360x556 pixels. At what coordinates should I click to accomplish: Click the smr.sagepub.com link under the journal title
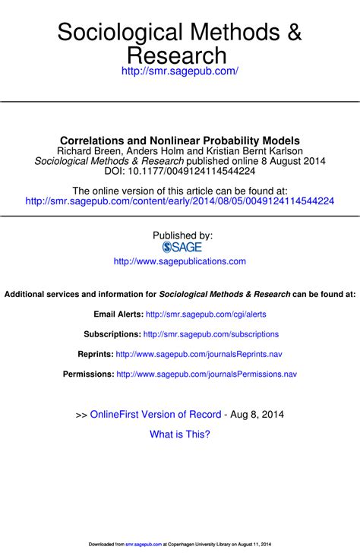coord(180,71)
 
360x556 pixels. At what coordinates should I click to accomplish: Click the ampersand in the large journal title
coord(294,33)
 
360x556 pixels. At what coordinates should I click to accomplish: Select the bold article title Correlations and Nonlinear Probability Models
coord(180,141)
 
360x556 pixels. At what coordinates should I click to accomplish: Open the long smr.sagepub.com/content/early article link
coord(180,201)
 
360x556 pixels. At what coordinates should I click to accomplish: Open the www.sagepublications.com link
coord(180,261)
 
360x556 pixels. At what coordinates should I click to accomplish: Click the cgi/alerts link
coord(206,314)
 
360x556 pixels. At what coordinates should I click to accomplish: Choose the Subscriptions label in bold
coord(112,334)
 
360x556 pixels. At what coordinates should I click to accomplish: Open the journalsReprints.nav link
coord(199,354)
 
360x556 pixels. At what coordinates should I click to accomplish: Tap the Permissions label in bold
coord(89,374)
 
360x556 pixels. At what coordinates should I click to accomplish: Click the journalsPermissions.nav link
coord(207,374)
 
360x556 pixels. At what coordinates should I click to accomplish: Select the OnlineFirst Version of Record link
coord(156,415)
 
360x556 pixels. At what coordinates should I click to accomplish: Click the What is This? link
coord(180,434)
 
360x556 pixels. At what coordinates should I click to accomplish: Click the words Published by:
coord(182,235)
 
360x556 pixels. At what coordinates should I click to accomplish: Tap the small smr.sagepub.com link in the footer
coord(144,545)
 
